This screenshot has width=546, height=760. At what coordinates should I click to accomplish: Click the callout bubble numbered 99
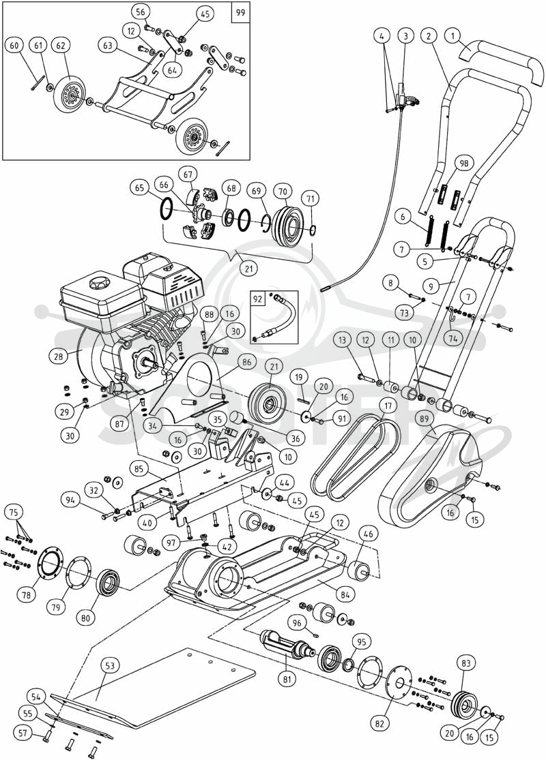click(x=240, y=12)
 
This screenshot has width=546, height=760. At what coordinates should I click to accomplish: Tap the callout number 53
click(x=110, y=665)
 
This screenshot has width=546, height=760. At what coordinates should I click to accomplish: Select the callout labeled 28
click(x=59, y=356)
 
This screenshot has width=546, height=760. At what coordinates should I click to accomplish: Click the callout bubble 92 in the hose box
click(x=258, y=299)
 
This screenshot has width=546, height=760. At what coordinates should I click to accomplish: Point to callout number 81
click(x=287, y=679)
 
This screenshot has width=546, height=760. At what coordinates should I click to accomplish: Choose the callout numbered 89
click(x=425, y=418)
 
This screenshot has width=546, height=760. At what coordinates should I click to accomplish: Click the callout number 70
click(x=283, y=192)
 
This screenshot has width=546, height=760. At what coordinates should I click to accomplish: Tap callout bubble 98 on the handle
click(x=464, y=164)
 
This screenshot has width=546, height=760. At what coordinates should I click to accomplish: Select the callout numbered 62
click(x=61, y=46)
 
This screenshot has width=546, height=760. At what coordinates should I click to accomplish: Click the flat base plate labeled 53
click(x=160, y=688)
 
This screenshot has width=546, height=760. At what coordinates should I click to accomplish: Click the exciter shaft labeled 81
click(x=287, y=647)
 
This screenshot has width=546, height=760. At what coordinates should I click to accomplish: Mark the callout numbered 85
click(x=139, y=469)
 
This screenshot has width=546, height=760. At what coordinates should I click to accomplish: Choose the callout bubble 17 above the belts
click(x=388, y=405)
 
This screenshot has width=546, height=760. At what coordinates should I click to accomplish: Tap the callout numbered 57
click(x=23, y=733)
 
